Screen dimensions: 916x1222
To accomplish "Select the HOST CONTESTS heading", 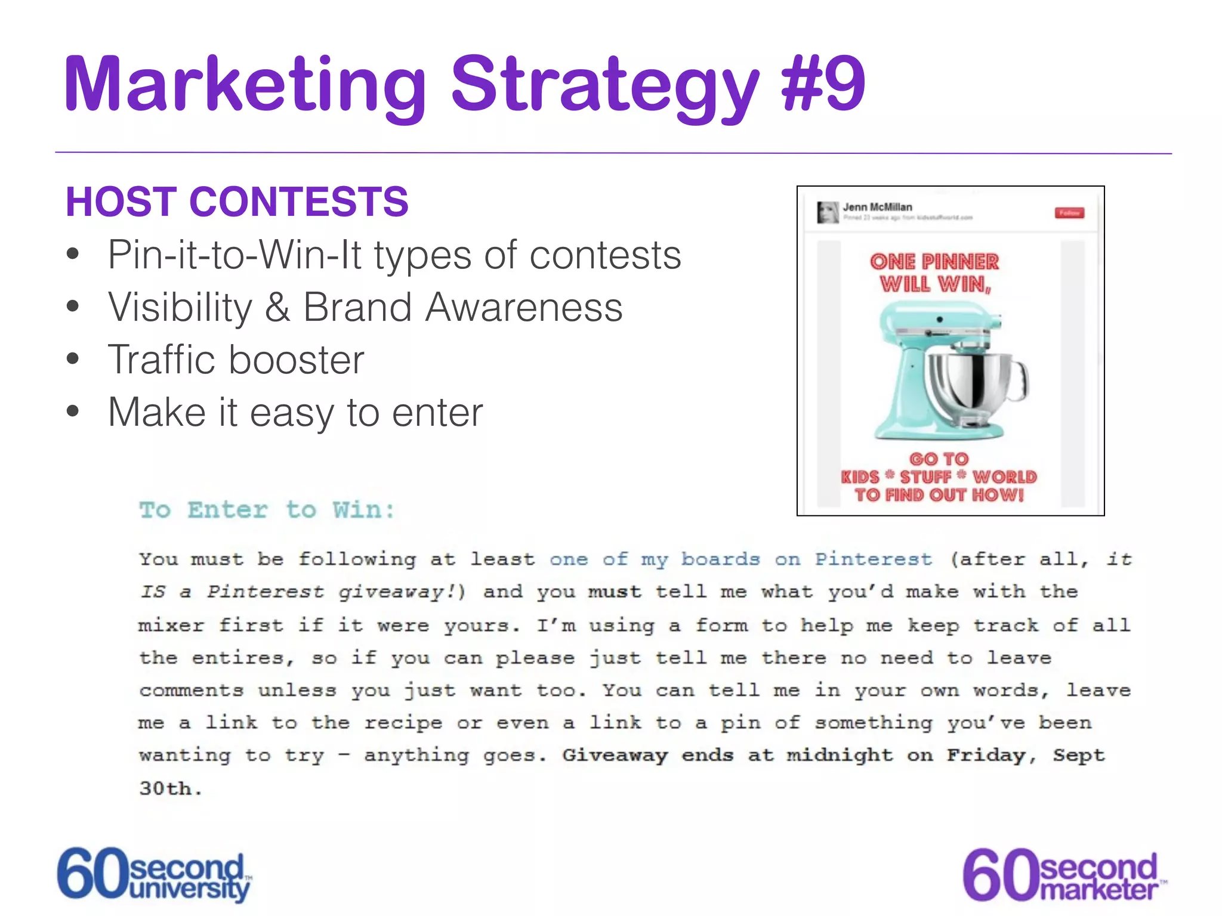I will (237, 202).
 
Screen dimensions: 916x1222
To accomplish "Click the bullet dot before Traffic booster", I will (73, 359).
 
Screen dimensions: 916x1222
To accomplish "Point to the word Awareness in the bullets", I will (523, 308).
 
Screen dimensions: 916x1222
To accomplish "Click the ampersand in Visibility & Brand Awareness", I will (277, 308).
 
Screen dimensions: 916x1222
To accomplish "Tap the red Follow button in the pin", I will (1069, 213).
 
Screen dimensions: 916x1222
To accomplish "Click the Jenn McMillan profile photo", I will (828, 212).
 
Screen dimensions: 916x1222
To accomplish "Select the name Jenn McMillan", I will (877, 207).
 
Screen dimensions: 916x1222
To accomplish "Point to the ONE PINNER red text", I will (934, 262).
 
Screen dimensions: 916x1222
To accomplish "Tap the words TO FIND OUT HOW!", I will (939, 495).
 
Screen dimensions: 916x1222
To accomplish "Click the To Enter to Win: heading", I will (267, 510).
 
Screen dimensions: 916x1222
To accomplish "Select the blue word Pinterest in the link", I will (874, 559).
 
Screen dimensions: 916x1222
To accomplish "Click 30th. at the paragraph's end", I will (171, 788).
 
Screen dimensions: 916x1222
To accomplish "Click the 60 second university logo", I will (154, 874).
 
